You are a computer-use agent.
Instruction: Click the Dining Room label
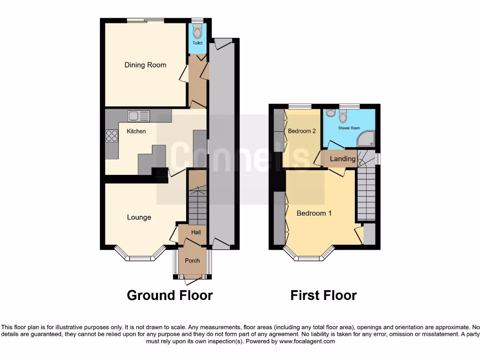point(145,65)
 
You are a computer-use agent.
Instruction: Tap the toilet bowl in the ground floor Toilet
point(197,32)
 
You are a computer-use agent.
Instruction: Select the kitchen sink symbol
point(139,116)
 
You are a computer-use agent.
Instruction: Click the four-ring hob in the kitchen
point(112,136)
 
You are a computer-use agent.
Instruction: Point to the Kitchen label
point(136,131)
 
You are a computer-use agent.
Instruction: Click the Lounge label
point(139,217)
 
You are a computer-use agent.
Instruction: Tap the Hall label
point(195,232)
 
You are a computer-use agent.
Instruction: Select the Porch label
point(192,261)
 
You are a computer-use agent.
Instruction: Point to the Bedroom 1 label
point(314,213)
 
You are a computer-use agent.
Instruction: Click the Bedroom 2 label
point(301,131)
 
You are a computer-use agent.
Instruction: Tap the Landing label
point(343,159)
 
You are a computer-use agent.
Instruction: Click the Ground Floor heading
point(170,295)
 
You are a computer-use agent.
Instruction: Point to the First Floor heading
point(323,295)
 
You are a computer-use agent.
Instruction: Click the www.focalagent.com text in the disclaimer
point(307,342)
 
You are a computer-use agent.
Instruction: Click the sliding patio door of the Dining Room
point(145,20)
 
